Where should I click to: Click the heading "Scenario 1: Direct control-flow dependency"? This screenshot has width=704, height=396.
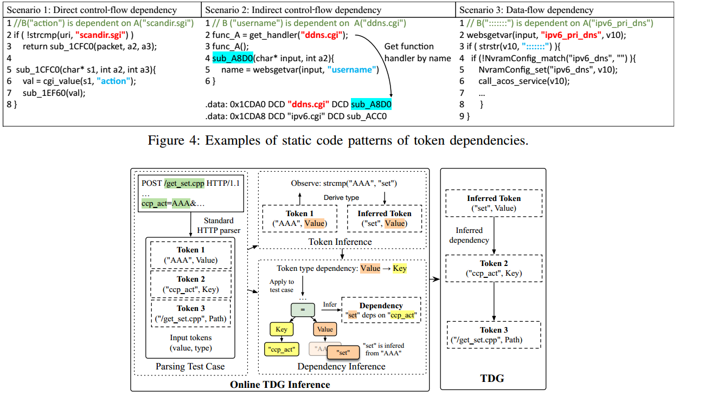[92, 10]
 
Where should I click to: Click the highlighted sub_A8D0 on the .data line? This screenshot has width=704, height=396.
[371, 104]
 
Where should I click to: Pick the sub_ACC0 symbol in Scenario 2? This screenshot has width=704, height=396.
[367, 116]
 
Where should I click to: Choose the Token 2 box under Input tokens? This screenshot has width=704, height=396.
[190, 284]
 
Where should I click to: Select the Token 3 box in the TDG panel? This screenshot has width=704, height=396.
[493, 335]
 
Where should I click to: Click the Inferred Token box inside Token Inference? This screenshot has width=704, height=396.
[385, 218]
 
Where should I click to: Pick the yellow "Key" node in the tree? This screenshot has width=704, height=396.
[281, 329]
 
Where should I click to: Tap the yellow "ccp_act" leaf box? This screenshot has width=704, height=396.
[281, 349]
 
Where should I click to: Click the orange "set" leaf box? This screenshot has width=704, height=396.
[342, 352]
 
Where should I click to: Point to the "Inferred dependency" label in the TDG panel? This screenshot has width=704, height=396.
[469, 235]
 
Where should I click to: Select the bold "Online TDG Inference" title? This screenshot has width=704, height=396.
[280, 384]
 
